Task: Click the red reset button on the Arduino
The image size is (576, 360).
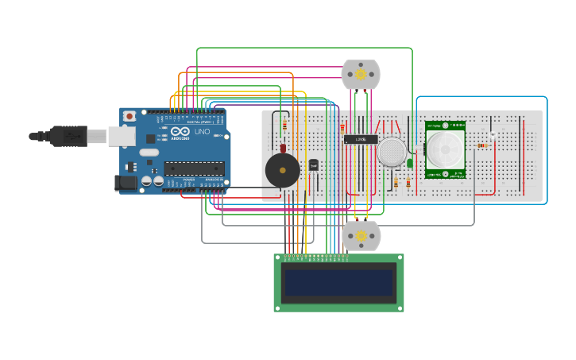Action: (130, 116)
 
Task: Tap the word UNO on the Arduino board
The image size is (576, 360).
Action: (202, 131)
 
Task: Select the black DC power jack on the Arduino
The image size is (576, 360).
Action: (126, 184)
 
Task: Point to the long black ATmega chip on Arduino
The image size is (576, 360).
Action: (194, 168)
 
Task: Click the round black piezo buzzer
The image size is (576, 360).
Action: (282, 170)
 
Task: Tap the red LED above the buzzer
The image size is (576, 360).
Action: (282, 147)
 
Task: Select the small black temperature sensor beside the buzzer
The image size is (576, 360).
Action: (313, 165)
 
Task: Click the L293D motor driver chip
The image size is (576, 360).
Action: (360, 139)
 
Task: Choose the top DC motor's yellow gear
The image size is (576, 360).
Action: (361, 75)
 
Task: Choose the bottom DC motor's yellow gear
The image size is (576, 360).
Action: (361, 235)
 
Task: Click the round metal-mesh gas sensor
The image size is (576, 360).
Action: (392, 152)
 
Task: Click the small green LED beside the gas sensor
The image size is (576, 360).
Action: (410, 163)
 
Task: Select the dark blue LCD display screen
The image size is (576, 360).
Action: (339, 282)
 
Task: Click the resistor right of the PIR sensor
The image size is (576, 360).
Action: (481, 145)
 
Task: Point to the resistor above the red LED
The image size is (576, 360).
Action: (284, 124)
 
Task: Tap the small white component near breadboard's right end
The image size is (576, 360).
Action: (493, 137)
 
